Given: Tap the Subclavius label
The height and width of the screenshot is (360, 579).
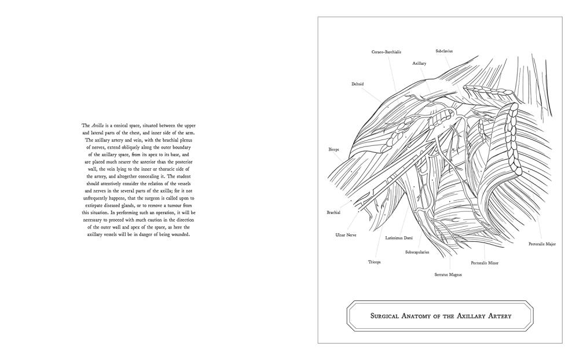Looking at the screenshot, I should click(444, 51).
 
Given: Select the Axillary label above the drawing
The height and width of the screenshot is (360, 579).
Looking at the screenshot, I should click(419, 63).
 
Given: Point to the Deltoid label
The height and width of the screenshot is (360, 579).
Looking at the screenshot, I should click(357, 84).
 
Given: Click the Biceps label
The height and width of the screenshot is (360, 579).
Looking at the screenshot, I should click(334, 149).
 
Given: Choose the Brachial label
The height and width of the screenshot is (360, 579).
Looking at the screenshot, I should click(333, 212).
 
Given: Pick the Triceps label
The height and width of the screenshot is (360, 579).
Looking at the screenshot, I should click(375, 262).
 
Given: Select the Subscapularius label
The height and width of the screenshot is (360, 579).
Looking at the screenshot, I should click(417, 252).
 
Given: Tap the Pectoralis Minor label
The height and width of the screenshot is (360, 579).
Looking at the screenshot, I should click(485, 263).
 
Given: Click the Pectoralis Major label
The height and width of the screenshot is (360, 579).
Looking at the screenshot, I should click(542, 244).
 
